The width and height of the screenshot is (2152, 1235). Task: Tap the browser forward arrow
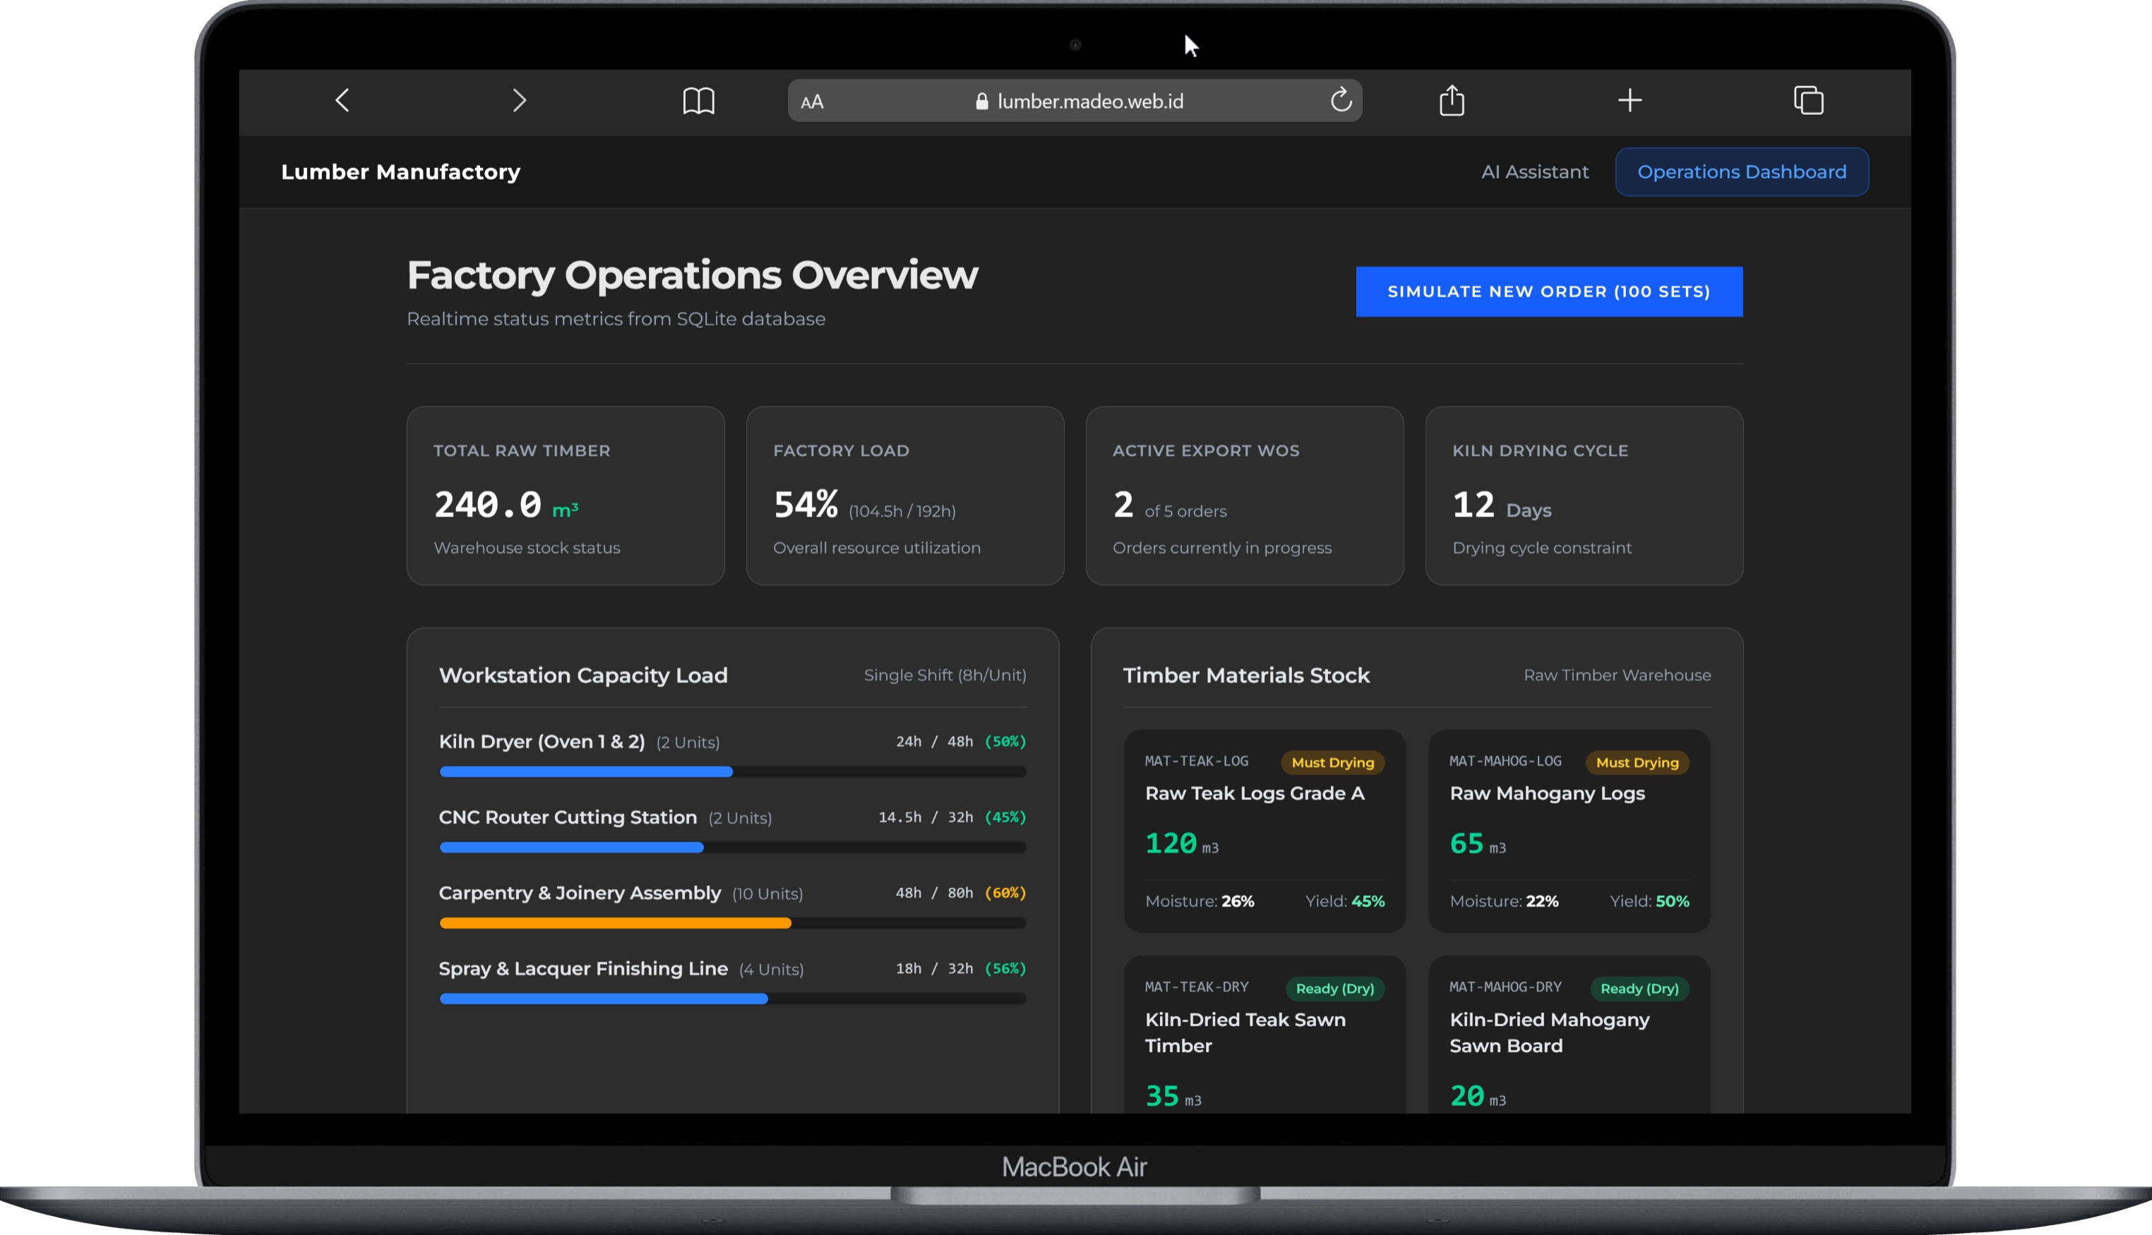[520, 100]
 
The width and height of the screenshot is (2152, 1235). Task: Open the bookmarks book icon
[698, 101]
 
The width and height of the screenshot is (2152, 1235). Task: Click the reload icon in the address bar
[1341, 100]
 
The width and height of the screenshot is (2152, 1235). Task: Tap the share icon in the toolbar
[1452, 100]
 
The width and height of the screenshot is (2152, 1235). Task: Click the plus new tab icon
[1630, 100]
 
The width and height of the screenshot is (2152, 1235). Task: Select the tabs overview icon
[1808, 100]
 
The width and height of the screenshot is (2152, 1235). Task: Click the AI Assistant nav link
[1535, 172]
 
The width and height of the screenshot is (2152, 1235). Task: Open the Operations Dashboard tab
[1741, 172]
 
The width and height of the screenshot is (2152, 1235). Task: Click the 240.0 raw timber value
[488, 505]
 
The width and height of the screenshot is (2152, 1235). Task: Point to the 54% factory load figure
[806, 505]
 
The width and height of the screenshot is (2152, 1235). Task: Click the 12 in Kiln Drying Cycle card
[1473, 505]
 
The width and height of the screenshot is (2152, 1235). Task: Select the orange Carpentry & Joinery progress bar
[615, 923]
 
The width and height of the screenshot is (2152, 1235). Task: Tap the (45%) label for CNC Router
[1005, 817]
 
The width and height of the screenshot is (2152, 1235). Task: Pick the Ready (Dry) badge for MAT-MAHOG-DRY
[1639, 988]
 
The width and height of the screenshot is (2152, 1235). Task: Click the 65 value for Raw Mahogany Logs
[1466, 843]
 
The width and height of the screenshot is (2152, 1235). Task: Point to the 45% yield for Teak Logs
[1367, 900]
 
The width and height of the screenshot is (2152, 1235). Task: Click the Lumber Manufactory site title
[400, 172]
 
